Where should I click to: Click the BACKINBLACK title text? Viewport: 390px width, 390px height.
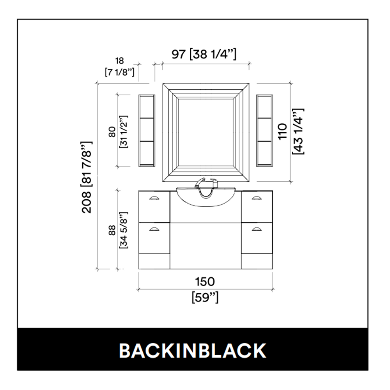pyautogui.click(x=193, y=351)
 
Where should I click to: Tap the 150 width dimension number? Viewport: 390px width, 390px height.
pyautogui.click(x=205, y=282)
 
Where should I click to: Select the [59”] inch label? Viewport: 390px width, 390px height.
pyautogui.click(x=205, y=297)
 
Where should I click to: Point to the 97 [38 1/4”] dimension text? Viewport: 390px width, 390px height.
pyautogui.click(x=204, y=54)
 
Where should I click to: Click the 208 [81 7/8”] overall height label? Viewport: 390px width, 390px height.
pyautogui.click(x=87, y=177)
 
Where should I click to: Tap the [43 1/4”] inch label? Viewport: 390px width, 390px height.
pyautogui.click(x=298, y=131)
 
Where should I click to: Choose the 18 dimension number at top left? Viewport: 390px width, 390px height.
pyautogui.click(x=119, y=61)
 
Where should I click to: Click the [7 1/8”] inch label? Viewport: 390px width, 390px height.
pyautogui.click(x=120, y=73)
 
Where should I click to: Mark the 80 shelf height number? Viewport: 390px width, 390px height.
pyautogui.click(x=112, y=132)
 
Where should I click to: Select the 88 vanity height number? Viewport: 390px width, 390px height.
pyautogui.click(x=112, y=230)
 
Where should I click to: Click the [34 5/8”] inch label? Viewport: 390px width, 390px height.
pyautogui.click(x=124, y=230)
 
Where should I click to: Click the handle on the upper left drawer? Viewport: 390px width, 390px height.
pyautogui.click(x=154, y=198)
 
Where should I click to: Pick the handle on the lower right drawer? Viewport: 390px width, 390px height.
pyautogui.click(x=256, y=229)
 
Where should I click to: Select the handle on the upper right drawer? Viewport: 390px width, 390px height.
pyautogui.click(x=256, y=198)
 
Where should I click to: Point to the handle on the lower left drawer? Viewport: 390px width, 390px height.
pyautogui.click(x=154, y=229)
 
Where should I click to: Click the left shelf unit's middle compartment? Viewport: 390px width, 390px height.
pyautogui.click(x=147, y=129)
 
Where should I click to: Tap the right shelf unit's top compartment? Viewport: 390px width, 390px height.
pyautogui.click(x=264, y=106)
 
